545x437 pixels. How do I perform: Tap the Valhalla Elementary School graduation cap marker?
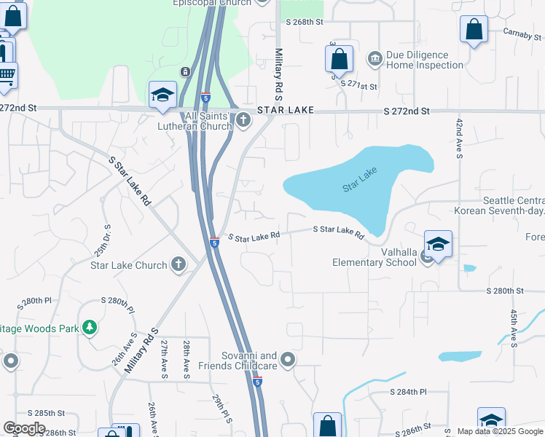(438, 245)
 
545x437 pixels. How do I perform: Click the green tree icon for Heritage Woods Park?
(89, 328)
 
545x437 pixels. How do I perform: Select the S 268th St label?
(305, 22)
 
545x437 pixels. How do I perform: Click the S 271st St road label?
(360, 86)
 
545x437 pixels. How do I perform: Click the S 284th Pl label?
(409, 392)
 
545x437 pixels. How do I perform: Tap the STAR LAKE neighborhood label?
(285, 110)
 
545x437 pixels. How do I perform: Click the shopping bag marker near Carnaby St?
(474, 30)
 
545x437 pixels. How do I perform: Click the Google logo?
(24, 428)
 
